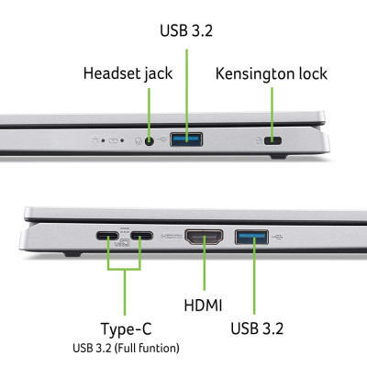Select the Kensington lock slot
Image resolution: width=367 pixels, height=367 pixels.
pos(272,141)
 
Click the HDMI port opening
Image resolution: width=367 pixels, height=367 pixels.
pos(204,239)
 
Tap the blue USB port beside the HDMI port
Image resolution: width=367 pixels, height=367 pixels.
pos(252,239)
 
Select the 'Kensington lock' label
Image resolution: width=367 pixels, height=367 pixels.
pos(271,72)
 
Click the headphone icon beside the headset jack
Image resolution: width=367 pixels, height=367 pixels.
pos(136,140)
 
